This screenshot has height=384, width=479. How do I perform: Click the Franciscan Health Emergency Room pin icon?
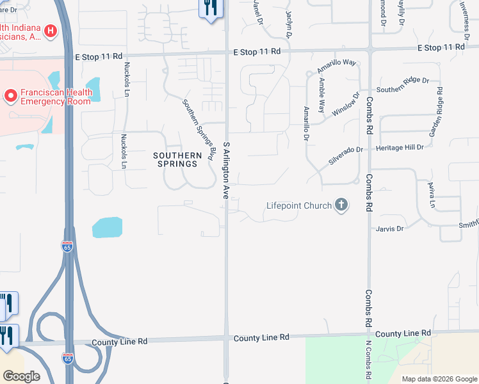10,97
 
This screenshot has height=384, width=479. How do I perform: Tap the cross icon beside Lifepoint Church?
341,205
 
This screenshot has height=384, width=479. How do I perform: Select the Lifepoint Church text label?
299,205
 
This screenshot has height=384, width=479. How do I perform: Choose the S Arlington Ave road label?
226,170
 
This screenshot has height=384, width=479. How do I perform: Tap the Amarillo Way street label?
336,66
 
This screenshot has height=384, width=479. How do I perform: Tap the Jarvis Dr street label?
391,228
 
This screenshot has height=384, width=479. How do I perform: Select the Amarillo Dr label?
307,124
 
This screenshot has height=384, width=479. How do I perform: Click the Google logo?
21,376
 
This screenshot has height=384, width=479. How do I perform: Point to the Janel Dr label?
258,12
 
